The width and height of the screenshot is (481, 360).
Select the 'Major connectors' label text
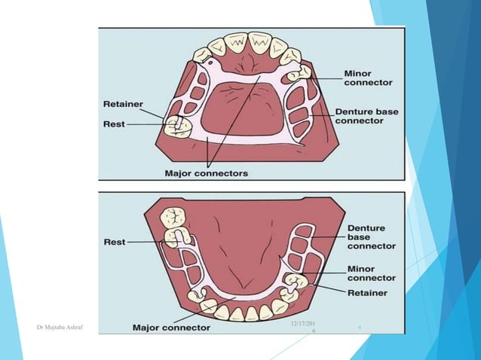(206, 172)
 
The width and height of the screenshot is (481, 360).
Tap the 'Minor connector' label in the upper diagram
(367, 78)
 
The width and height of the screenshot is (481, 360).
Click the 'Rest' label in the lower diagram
(115, 242)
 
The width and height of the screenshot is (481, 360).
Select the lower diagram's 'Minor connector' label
(371, 273)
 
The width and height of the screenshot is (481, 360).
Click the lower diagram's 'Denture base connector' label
(371, 236)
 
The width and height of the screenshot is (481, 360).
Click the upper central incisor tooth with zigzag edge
(259, 44)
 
